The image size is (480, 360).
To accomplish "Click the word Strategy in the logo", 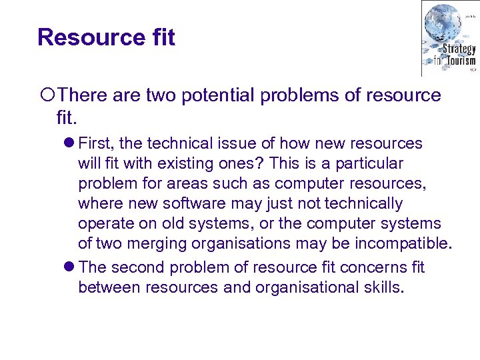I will [x=459, y=49].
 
